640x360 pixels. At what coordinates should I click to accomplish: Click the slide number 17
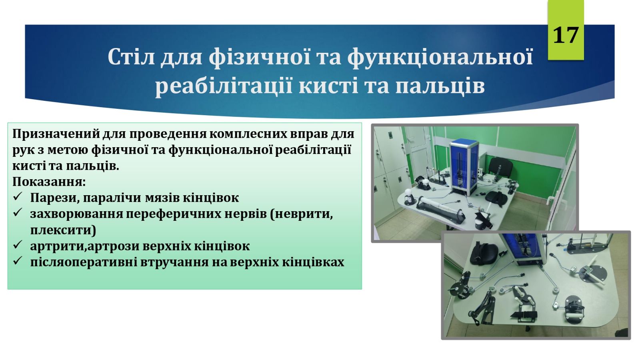coord(566,35)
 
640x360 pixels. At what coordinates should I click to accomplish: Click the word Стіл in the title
coord(132,56)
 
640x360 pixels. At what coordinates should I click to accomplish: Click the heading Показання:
coord(49,182)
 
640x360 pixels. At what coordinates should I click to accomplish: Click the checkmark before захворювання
coord(18,212)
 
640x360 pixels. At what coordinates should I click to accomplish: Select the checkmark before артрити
coord(18,245)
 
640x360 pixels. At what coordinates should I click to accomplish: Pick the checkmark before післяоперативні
coord(18,260)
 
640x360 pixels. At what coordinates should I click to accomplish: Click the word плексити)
coord(63,230)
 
